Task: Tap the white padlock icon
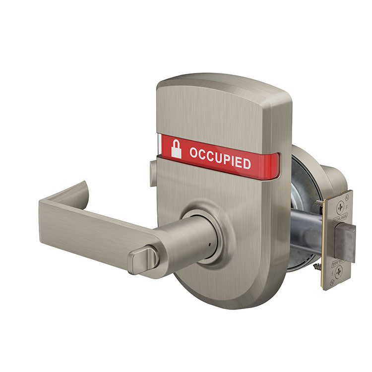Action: pyautogui.click(x=176, y=149)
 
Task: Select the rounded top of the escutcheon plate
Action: pyautogui.click(x=223, y=84)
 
